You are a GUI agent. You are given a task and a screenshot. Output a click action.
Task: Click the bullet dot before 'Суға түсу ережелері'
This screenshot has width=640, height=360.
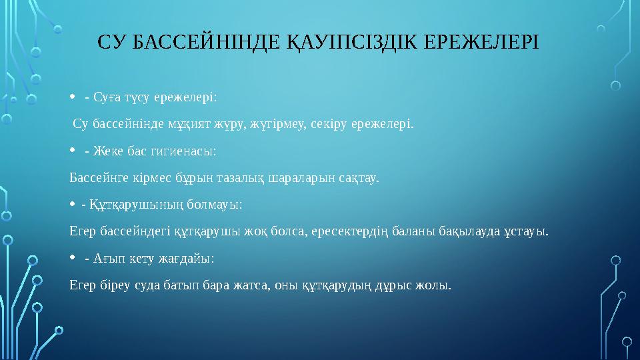point(73,99)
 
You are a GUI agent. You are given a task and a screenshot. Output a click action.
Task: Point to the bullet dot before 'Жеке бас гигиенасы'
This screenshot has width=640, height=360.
point(73,151)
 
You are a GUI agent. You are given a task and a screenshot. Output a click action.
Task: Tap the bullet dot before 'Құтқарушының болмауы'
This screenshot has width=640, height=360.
point(73,204)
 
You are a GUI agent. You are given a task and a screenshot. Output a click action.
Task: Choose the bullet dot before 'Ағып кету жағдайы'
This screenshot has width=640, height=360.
point(73,257)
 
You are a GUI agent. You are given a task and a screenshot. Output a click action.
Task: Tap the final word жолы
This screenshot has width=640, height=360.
point(434,285)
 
